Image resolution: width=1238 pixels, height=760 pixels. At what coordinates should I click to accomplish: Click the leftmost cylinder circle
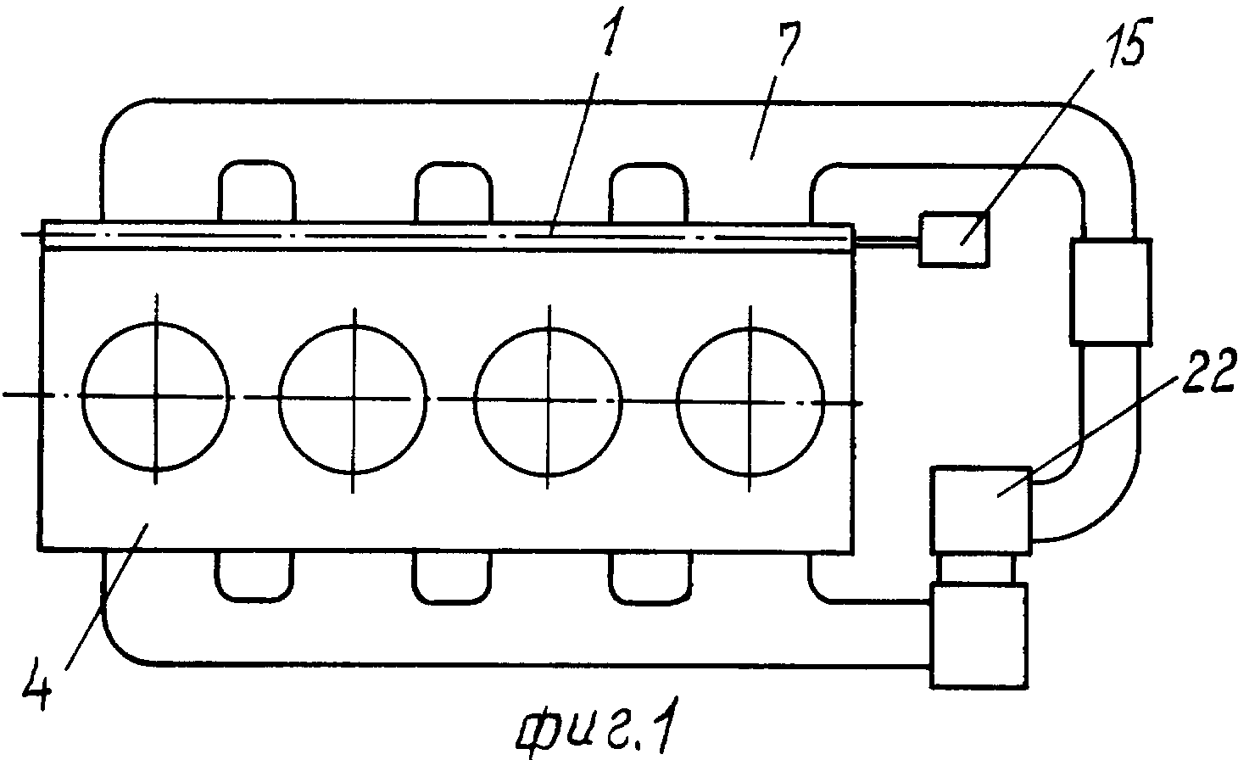[155, 396]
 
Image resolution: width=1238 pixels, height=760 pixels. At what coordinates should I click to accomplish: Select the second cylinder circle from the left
[353, 399]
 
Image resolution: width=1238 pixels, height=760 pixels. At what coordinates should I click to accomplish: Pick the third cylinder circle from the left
[548, 402]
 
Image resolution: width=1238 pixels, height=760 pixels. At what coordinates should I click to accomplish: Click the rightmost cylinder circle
[750, 402]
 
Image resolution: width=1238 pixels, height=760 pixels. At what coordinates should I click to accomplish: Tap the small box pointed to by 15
[953, 239]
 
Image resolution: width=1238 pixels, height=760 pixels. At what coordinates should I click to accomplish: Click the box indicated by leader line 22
[981, 510]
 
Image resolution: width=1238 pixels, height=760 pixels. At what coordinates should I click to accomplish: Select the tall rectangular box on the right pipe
[1111, 291]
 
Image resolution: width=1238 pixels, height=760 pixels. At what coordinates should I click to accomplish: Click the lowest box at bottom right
[979, 635]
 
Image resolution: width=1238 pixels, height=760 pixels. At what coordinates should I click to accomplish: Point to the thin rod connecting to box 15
[886, 240]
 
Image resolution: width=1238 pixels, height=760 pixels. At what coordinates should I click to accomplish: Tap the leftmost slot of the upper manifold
[257, 191]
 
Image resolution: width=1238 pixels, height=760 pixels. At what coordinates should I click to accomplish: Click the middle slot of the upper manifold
[453, 193]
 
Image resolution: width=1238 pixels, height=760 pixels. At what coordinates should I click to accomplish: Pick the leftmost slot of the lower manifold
[254, 576]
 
